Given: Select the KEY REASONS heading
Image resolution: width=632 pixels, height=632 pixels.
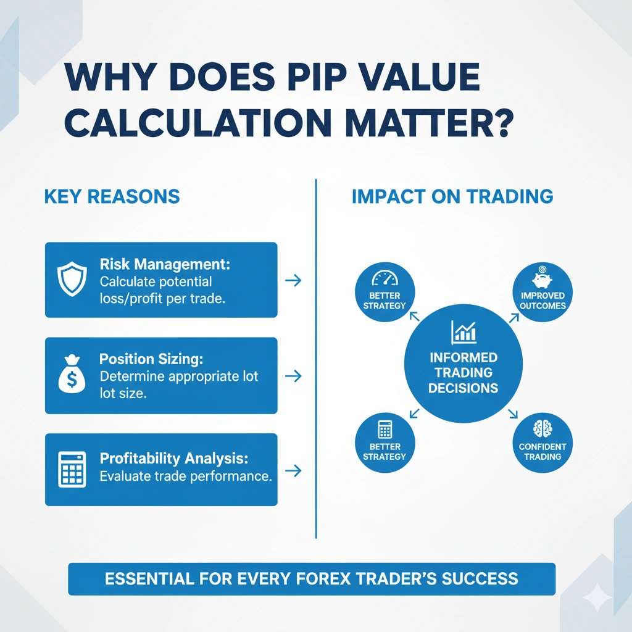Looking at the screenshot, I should [x=112, y=197].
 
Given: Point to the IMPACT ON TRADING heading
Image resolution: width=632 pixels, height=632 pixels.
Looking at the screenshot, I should [x=452, y=197].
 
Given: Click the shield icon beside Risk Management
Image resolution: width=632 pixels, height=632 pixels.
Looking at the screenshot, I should [x=69, y=280].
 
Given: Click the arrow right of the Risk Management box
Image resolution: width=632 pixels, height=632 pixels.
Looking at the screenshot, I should [x=294, y=280].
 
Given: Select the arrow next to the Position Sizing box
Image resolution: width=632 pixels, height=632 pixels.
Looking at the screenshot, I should [x=294, y=375].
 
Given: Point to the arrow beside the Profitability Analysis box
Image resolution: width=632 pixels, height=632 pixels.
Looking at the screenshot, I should [x=294, y=470].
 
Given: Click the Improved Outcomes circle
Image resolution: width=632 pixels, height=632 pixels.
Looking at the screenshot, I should [x=543, y=293].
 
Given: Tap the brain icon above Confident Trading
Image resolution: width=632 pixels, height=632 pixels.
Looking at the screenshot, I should [x=543, y=428].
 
